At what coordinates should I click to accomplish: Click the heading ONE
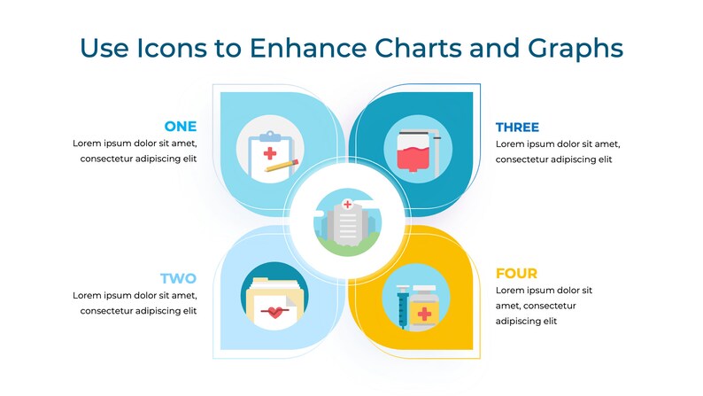(x=181, y=127)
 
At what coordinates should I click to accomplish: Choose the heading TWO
(x=178, y=278)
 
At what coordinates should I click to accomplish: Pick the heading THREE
(x=517, y=127)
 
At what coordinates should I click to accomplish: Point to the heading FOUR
(x=516, y=274)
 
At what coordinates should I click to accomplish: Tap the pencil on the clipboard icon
(x=282, y=166)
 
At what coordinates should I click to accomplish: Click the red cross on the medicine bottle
(x=425, y=314)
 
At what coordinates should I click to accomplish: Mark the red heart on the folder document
(x=276, y=311)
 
